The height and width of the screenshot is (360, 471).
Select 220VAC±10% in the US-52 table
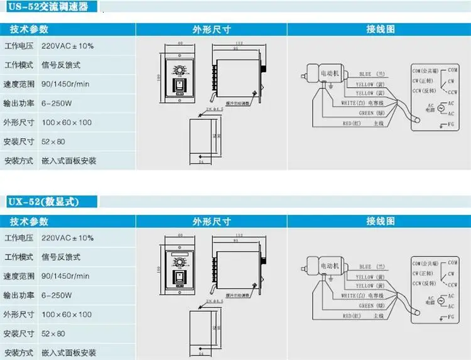(67, 46)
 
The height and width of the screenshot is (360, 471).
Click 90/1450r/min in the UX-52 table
(65, 276)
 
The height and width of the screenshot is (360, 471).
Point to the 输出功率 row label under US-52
(18, 103)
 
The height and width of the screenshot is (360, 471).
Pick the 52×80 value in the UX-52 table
(53, 333)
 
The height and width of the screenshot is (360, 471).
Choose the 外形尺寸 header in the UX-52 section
(212, 221)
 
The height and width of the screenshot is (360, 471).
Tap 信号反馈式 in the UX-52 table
(61, 257)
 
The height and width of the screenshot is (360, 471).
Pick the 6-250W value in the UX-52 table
(57, 295)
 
